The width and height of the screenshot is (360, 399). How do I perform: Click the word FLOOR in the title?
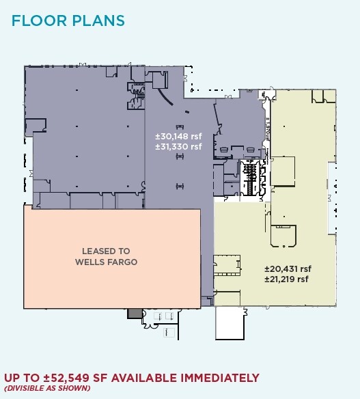[x=38, y=20]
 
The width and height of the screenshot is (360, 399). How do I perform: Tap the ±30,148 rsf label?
[x=179, y=136]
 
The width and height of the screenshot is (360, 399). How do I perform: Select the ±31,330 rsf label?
[x=179, y=146]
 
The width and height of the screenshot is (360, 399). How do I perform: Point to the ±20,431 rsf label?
[x=287, y=269]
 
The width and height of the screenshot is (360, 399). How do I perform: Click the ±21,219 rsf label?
[x=287, y=279]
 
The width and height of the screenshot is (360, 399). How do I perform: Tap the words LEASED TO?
[x=106, y=251]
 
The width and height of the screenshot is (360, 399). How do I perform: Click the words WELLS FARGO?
[x=106, y=262]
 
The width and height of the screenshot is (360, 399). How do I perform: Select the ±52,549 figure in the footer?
[x=70, y=378]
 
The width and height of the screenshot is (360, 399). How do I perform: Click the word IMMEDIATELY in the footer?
[x=219, y=378]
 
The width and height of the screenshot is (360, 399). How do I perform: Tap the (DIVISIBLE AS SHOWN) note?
[x=47, y=388]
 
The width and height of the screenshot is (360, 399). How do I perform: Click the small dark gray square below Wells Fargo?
[x=134, y=313]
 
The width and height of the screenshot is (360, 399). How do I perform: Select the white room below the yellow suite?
[x=230, y=322]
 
